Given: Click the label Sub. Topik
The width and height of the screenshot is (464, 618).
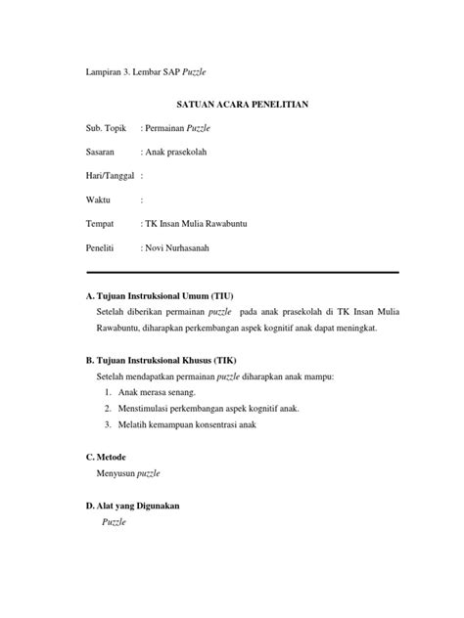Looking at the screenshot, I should coord(108,128).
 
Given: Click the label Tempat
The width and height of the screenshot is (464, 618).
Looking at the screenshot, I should coord(101,224).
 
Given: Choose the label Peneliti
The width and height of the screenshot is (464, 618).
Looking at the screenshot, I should coord(103,247).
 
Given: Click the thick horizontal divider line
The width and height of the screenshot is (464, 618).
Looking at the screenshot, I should coord(242,272).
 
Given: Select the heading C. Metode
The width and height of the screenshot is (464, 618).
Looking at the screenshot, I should coord(106,457).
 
